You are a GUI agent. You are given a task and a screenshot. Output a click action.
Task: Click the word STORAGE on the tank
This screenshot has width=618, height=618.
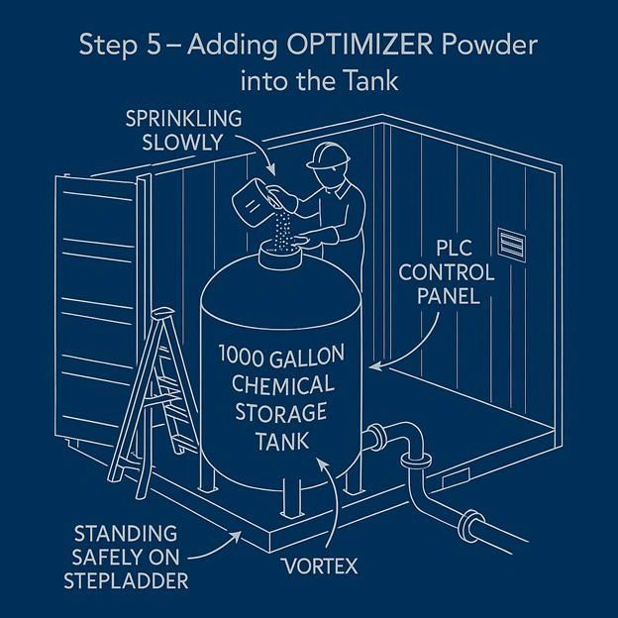(x=290, y=408)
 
